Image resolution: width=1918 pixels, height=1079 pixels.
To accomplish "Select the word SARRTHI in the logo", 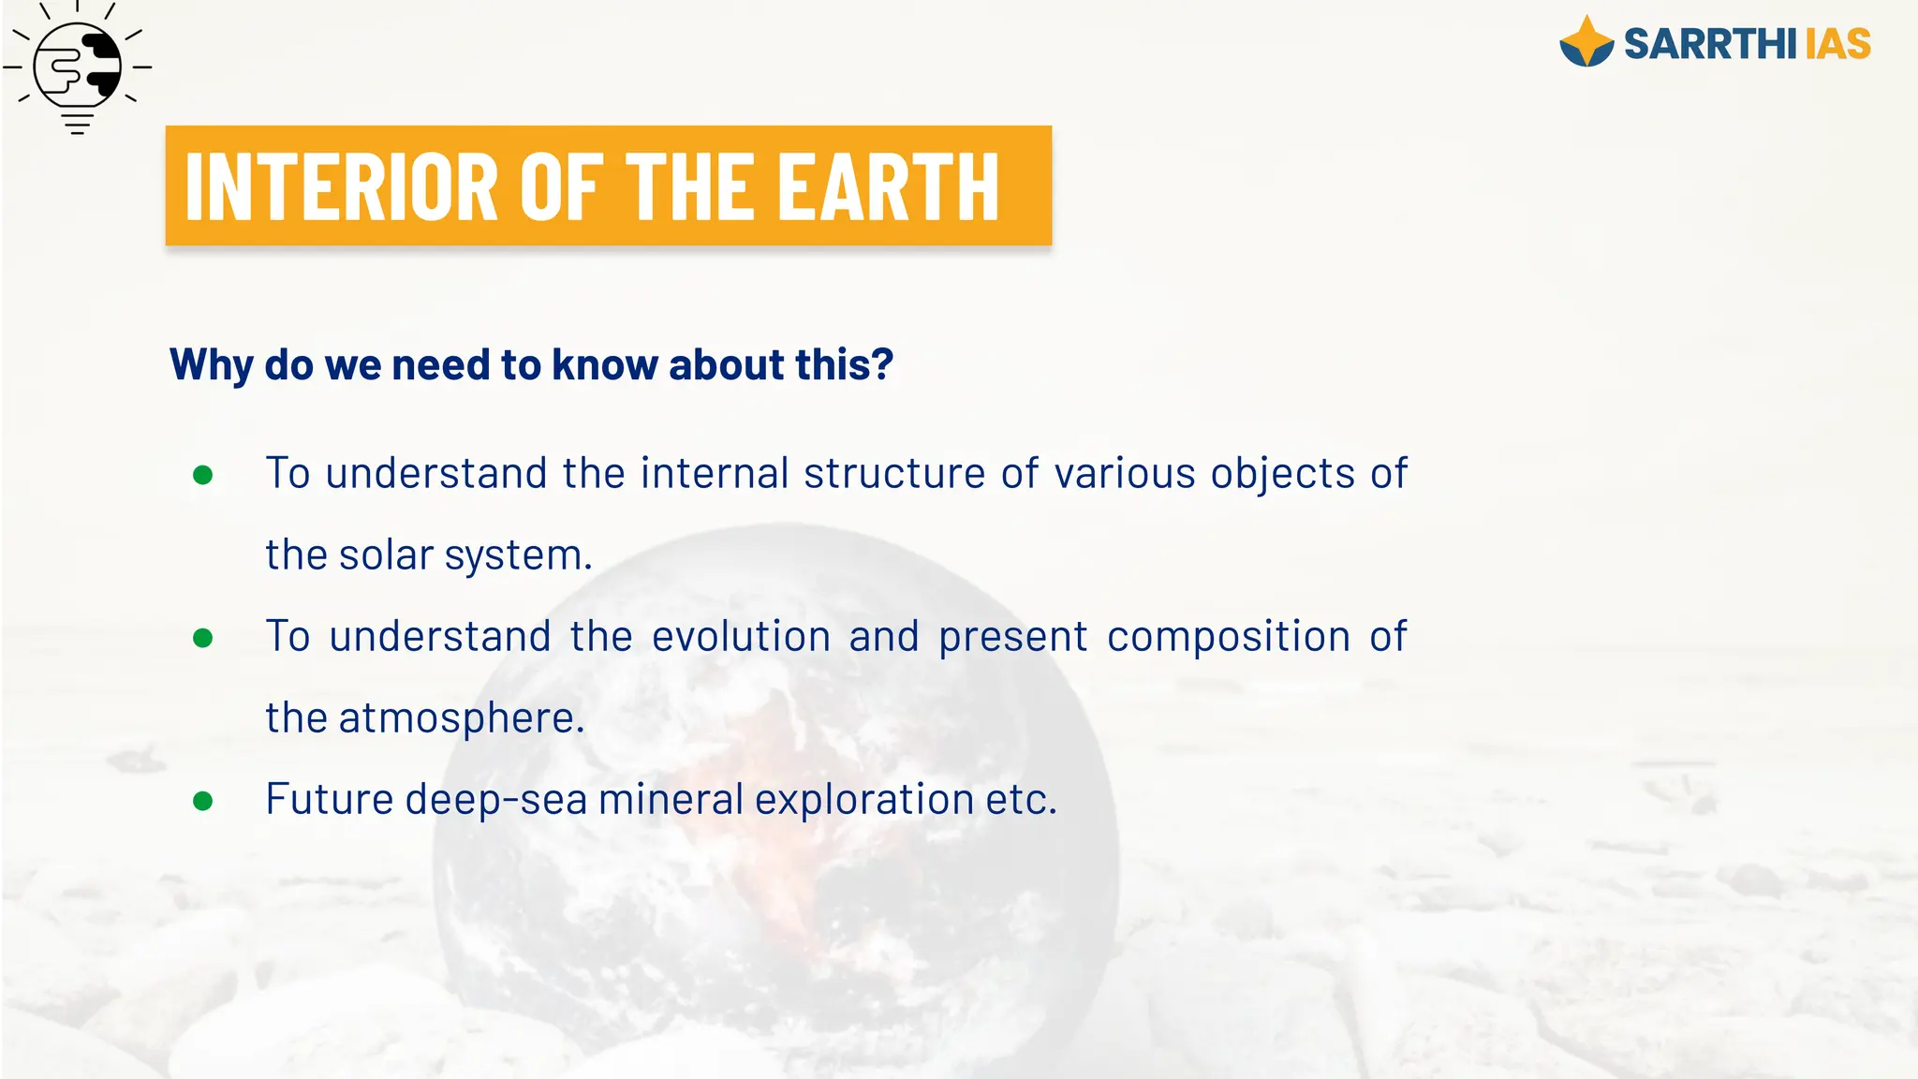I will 1709,44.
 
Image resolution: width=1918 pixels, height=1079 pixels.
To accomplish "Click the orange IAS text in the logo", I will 1837,44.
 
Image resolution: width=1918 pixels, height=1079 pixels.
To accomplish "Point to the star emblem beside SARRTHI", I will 1586,43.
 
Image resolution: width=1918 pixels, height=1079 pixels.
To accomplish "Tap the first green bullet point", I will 202,475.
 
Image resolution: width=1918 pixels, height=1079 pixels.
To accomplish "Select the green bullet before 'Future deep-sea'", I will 202,801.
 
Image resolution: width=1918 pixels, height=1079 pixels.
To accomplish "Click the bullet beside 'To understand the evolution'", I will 202,638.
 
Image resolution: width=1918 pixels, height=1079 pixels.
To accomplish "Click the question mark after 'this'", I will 882,364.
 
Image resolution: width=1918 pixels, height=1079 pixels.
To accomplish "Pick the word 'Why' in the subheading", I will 211,364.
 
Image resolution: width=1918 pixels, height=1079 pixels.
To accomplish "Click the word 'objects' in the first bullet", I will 1282,473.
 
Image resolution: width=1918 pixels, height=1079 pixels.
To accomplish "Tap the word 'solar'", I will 385,554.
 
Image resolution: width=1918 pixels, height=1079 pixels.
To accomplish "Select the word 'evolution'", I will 741,636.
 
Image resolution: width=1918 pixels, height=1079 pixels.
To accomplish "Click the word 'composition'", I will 1228,636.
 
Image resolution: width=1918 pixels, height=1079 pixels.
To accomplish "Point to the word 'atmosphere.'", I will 462,717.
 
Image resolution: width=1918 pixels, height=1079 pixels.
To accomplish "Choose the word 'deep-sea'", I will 495,799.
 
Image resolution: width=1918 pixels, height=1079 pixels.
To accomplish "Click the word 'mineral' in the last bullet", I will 671,799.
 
